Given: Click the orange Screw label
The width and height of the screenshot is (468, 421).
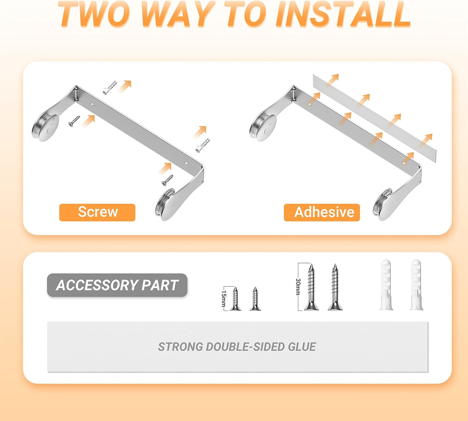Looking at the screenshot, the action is pos(97,212).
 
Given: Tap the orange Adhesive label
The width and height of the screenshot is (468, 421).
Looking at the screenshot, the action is pos(322,212).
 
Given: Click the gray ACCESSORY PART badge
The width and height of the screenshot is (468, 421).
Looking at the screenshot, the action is pos(117,285).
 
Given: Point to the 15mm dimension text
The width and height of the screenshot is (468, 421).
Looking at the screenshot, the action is pos(223,299).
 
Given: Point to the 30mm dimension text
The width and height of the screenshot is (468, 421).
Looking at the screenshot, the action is pos(298,287).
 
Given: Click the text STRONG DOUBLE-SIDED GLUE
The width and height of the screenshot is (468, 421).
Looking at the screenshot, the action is pos(237,347).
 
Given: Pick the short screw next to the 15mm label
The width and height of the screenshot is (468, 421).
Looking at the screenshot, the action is pos(235,299).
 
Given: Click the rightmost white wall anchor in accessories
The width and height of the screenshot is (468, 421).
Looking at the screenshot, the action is pos(417,285).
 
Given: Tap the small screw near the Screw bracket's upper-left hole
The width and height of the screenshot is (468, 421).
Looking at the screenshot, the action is pos(74,121).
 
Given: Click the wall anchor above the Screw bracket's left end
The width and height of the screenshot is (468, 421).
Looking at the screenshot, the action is pos(110,87).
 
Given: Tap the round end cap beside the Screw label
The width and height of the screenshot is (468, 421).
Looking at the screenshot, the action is pos(165,205).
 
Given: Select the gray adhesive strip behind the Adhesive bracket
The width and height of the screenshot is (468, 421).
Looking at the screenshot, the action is pos(374,118).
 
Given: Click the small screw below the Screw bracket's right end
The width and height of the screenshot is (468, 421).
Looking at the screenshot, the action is pos(167,180).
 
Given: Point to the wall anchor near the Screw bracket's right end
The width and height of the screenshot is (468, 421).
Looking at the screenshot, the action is pos(203,145).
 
